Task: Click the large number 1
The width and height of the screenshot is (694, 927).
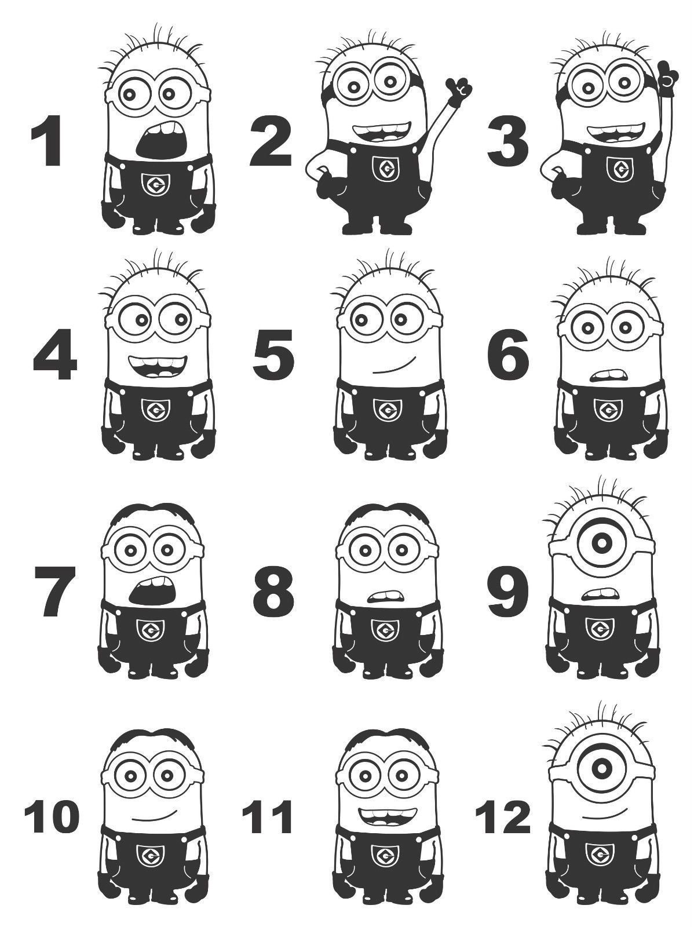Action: [x=48, y=141]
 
